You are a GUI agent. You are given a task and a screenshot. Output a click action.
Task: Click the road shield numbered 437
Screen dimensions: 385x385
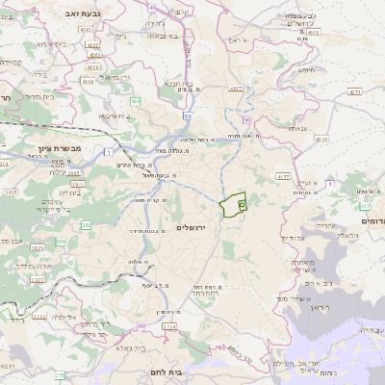234,89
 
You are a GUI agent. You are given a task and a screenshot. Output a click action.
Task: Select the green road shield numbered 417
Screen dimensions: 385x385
365,206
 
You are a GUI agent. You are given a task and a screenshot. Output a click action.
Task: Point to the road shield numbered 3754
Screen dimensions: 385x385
169,327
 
